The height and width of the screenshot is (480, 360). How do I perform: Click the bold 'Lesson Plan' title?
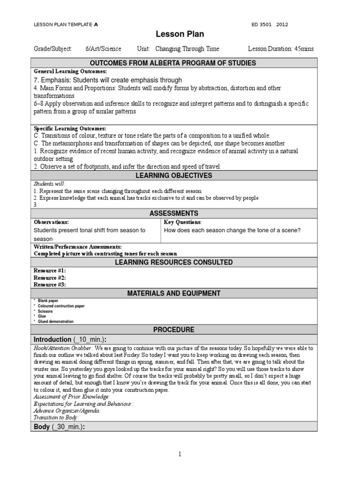(180, 34)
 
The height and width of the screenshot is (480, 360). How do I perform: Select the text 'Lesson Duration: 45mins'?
(280, 49)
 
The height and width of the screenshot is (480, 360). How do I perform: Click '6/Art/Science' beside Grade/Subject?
(103, 49)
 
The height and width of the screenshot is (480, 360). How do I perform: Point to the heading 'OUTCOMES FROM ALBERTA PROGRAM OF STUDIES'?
(180, 63)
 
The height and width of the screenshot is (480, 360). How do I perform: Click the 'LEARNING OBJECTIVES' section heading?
(180, 175)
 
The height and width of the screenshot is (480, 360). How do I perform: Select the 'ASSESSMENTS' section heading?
(180, 213)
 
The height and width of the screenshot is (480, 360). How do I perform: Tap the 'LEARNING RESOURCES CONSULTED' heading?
(180, 262)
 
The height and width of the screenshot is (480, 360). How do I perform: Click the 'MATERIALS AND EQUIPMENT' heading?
(180, 293)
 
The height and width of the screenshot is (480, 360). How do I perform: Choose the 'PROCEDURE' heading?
(180, 330)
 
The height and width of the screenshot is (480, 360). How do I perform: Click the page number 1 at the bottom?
(180, 454)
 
